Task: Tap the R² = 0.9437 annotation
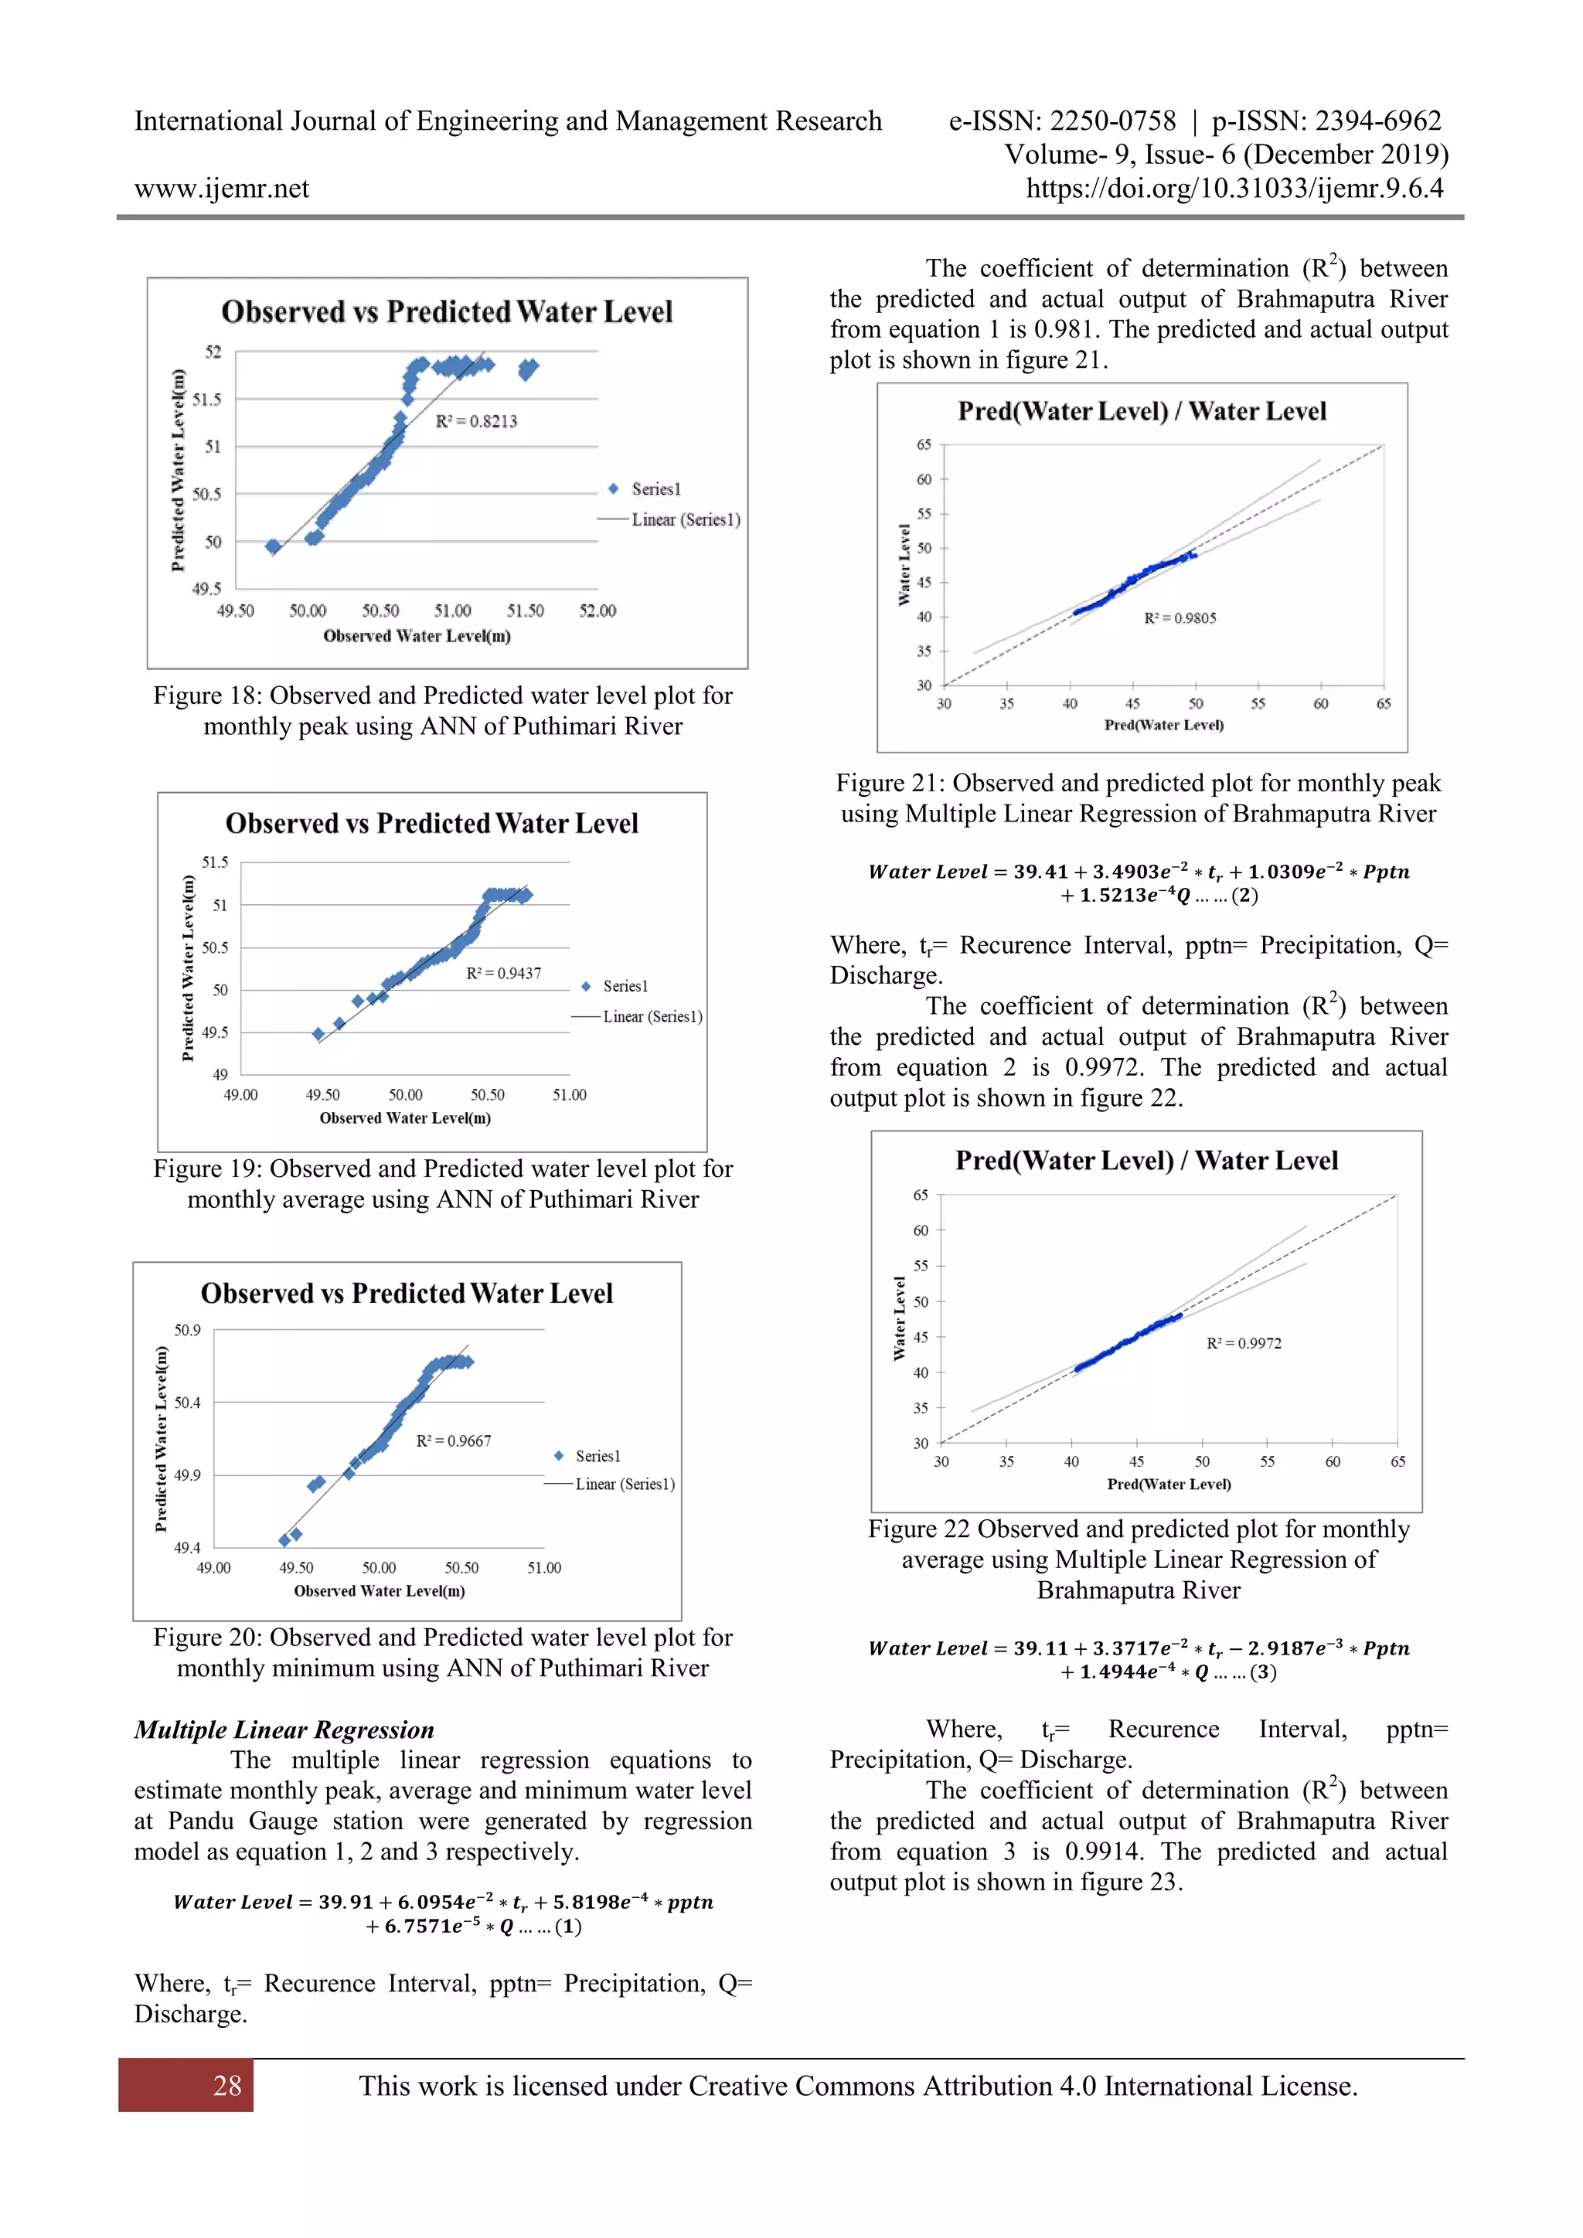point(503,973)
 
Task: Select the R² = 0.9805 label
point(1180,618)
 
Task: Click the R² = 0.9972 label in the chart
point(1244,1343)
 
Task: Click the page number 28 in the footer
point(227,2086)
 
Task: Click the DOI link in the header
point(1234,188)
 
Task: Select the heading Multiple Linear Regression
point(284,1730)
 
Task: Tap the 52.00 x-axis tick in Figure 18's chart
point(597,611)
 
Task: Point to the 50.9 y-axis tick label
point(187,1331)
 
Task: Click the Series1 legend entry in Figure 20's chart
point(597,1456)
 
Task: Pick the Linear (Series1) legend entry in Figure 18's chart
point(686,519)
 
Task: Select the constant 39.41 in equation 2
point(1040,872)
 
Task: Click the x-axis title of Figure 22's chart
point(1169,1484)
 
